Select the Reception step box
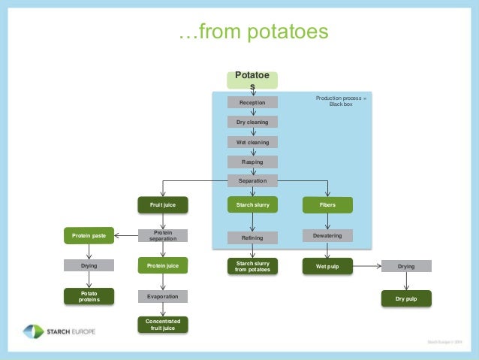[x=253, y=102]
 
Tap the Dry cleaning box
[x=253, y=122]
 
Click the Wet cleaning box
[x=253, y=142]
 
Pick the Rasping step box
[x=253, y=162]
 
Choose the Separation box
[x=253, y=181]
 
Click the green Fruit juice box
[x=162, y=204]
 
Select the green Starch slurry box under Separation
[x=253, y=204]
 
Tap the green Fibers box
[x=327, y=204]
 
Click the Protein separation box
[x=162, y=236]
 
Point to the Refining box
[x=253, y=237]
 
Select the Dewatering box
[x=327, y=236]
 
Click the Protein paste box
[x=89, y=236]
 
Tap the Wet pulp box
[x=327, y=266]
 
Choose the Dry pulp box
[x=406, y=298]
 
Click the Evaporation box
[x=162, y=297]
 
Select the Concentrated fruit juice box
[x=162, y=325]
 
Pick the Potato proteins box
[x=89, y=296]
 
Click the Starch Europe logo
[x=59, y=331]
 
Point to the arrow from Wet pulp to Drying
[x=366, y=266]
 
